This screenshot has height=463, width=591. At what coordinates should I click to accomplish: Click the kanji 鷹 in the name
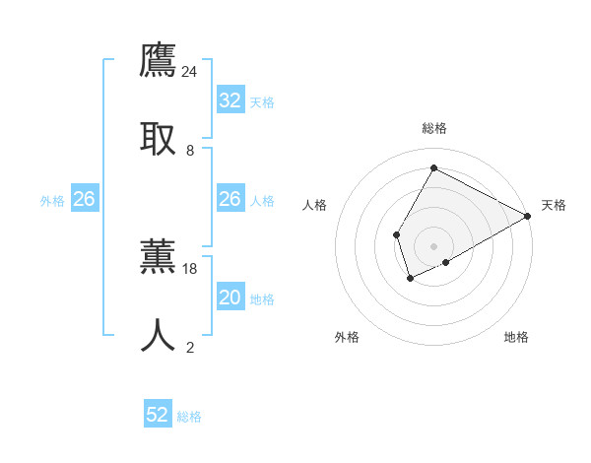(x=159, y=61)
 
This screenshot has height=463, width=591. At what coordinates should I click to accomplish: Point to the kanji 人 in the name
(x=159, y=334)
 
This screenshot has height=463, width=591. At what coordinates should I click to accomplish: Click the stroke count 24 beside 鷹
(x=190, y=72)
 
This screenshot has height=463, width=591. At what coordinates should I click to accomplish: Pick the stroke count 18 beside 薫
(x=190, y=268)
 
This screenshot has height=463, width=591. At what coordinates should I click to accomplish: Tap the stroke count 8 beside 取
(x=190, y=150)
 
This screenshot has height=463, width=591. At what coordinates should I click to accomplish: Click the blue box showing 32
(x=230, y=100)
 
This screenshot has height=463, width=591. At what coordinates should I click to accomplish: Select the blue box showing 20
(x=230, y=298)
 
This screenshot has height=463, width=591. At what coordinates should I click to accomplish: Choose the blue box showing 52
(x=158, y=415)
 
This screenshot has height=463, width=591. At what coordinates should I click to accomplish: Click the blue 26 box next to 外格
(x=85, y=199)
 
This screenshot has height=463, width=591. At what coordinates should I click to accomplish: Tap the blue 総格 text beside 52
(x=189, y=417)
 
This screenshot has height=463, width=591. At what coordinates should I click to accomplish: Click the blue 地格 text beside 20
(x=262, y=298)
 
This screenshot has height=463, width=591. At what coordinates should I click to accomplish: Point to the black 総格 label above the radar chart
(x=433, y=128)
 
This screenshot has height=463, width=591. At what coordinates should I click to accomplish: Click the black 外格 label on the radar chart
(x=347, y=337)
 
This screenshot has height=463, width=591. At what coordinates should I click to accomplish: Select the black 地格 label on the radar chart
(x=516, y=337)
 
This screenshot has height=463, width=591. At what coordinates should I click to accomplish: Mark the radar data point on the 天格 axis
(x=528, y=216)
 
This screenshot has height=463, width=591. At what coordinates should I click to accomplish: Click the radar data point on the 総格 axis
(x=433, y=167)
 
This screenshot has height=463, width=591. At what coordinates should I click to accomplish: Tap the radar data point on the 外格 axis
(x=410, y=279)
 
